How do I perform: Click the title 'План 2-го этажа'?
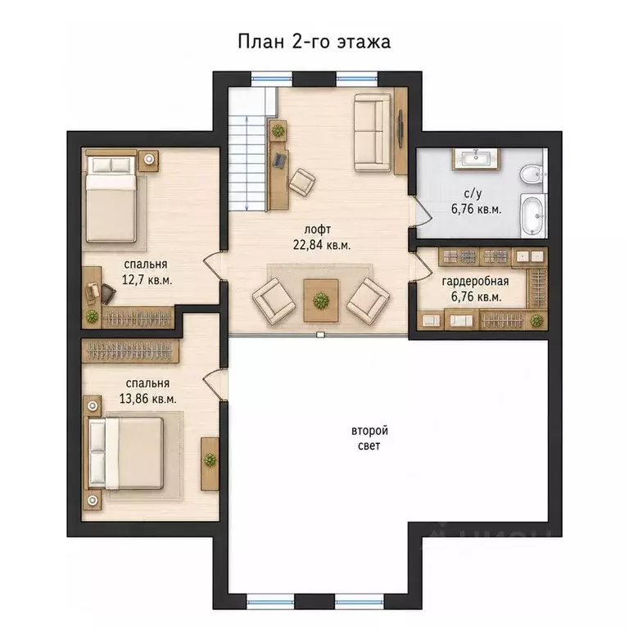(314, 42)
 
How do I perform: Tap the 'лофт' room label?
(318, 229)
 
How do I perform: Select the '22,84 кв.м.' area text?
(322, 245)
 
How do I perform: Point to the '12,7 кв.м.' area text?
(147, 279)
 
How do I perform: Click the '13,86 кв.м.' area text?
(147, 399)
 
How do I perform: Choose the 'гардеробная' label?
(475, 281)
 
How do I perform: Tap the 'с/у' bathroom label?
(473, 194)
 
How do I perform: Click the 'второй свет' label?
(369, 438)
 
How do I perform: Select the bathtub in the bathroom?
(532, 215)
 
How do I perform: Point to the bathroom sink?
(476, 158)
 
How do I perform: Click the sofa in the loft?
(373, 133)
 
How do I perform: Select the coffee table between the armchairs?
(320, 300)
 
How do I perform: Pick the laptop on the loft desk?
(280, 160)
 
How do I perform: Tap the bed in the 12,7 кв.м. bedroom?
(111, 199)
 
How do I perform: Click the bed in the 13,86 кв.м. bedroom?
(125, 454)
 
